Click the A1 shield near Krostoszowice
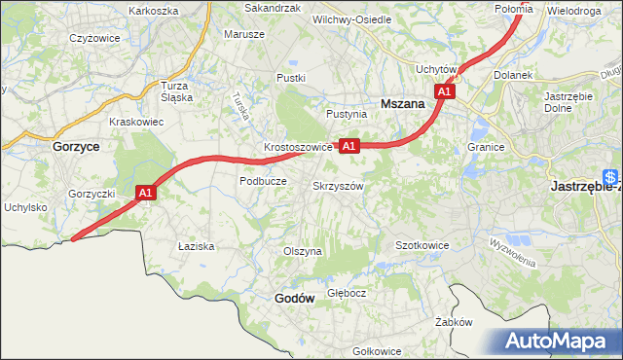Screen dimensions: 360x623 (x=349, y=146)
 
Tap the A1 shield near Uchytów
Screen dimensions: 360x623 (x=445, y=90)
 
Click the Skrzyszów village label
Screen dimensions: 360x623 (x=339, y=186)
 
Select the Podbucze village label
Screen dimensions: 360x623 (x=262, y=181)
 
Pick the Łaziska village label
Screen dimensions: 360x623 (x=196, y=247)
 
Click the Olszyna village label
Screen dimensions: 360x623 (x=302, y=251)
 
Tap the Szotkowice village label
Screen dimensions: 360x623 (x=421, y=245)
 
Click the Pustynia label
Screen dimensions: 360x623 (x=347, y=114)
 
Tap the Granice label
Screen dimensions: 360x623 (x=484, y=147)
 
